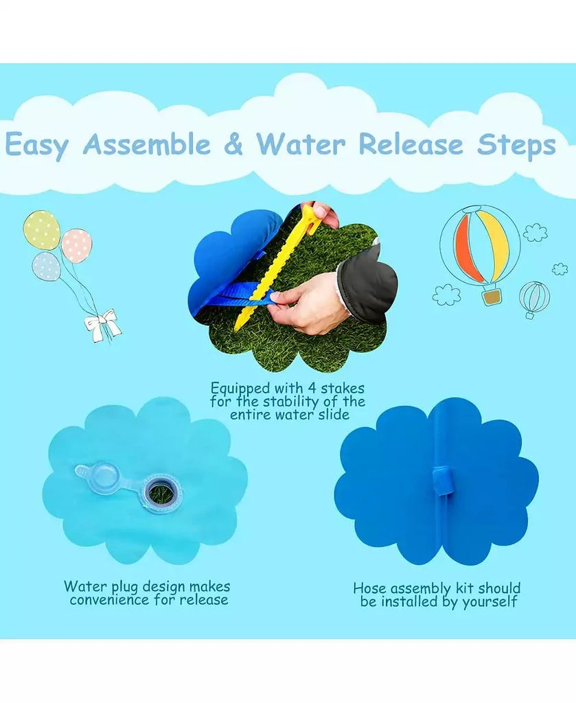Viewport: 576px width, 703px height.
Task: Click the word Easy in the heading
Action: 37,146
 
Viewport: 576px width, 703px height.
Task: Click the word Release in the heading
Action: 411,144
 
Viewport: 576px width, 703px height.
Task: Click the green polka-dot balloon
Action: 41,230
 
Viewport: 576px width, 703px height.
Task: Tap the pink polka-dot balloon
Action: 77,245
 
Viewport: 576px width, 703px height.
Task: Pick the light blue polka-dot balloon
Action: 46,266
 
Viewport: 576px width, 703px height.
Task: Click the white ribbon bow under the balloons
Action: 104,325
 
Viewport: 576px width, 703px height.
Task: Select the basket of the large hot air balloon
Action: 492,297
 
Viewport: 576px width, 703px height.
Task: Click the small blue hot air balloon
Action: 534,298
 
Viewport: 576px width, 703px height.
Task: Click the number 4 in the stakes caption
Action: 312,388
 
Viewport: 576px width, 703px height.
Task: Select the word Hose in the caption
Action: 369,588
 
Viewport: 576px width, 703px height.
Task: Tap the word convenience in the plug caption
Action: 109,599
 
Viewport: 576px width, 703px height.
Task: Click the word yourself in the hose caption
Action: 489,602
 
